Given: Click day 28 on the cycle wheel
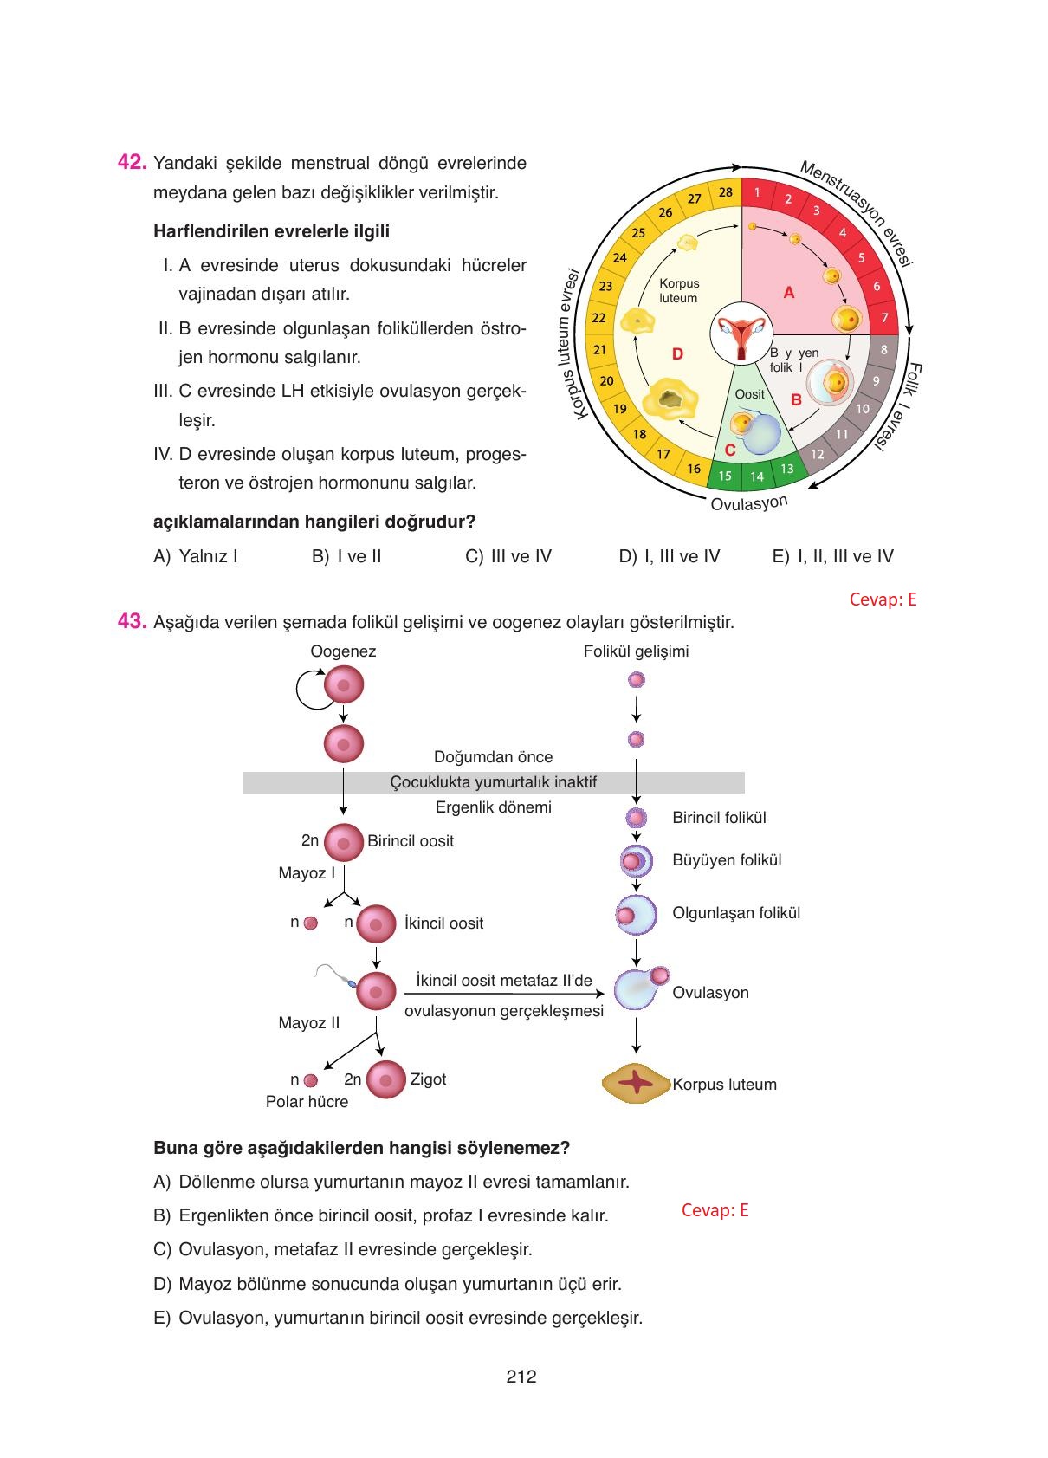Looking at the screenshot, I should click(x=725, y=192).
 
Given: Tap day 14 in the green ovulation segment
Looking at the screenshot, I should click(x=757, y=476).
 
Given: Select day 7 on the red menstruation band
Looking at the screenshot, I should click(x=884, y=318).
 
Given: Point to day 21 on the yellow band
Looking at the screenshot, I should click(x=599, y=350).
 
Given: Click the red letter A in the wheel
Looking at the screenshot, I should click(x=788, y=293).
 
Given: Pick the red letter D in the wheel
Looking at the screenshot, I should click(x=677, y=353).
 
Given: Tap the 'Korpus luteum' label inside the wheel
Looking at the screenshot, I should click(x=678, y=290).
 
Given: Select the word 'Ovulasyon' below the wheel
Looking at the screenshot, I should click(x=749, y=503).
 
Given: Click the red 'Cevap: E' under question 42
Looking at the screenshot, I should click(x=882, y=599).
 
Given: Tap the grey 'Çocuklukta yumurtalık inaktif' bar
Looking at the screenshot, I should click(x=493, y=782).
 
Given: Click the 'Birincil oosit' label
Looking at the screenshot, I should click(x=410, y=841).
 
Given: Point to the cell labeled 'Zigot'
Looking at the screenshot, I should click(x=385, y=1080).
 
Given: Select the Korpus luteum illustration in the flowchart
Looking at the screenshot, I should click(x=637, y=1084).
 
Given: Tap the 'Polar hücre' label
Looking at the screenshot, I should click(x=307, y=1102).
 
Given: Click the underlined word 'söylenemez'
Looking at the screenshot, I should click(x=508, y=1149).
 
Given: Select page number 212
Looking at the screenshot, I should click(x=521, y=1377).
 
